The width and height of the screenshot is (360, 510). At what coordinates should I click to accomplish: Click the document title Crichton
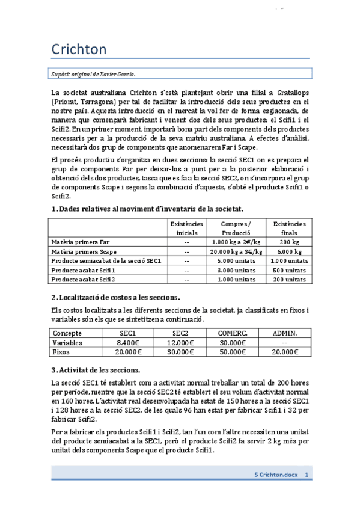tap(79, 49)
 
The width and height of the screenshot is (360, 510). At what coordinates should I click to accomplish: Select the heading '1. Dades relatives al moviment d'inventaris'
tap(147, 209)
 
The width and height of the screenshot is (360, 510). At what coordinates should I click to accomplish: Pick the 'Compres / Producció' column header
tap(236, 228)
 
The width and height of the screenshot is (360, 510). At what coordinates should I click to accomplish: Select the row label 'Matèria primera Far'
tap(81, 241)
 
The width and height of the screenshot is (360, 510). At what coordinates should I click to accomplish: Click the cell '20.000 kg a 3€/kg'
tap(236, 251)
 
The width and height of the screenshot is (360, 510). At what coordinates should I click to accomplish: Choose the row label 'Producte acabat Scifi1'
tap(83, 270)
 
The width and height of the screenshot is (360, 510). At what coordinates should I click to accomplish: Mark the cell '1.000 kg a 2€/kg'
tap(236, 241)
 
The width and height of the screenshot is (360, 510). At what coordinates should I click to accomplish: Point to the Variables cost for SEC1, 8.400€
tap(127, 342)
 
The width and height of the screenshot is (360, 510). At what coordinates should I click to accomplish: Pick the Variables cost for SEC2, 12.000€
tap(180, 342)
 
